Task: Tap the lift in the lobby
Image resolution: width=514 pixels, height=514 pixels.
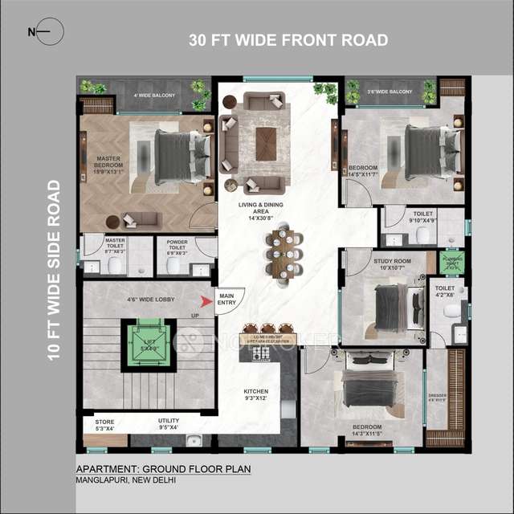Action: [x=147, y=344]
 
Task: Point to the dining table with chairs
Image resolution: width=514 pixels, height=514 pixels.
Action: [x=283, y=255]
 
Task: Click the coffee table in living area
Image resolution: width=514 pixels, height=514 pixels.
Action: [x=263, y=145]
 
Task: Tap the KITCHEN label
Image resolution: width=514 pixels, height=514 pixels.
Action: [x=257, y=395]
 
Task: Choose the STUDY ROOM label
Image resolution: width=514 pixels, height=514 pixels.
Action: [x=391, y=263]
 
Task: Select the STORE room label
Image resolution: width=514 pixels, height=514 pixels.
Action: [x=104, y=424]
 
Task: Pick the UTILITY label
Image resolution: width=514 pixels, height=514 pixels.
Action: [x=168, y=423]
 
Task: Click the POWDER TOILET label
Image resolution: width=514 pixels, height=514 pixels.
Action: [x=177, y=246]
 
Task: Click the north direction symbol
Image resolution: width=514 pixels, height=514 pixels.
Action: [x=40, y=32]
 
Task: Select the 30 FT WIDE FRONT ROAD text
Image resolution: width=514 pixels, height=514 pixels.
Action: [x=288, y=40]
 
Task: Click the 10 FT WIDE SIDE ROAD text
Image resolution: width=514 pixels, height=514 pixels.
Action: [x=54, y=270]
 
